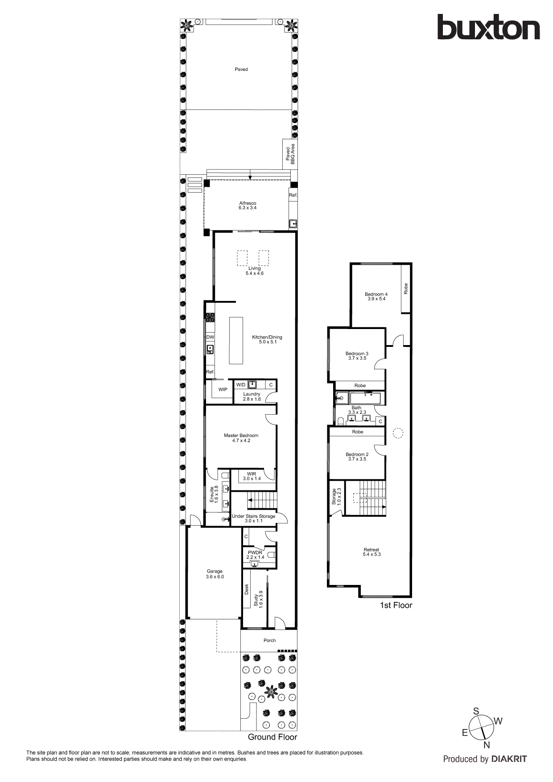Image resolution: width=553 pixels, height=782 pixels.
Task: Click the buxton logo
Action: (488, 28)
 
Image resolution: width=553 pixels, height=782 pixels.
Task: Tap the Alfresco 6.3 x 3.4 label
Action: (248, 206)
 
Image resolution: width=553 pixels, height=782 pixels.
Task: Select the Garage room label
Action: (215, 574)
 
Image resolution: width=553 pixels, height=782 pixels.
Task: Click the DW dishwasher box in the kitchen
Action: (210, 337)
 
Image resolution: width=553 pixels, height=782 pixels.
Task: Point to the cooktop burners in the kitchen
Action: (210, 317)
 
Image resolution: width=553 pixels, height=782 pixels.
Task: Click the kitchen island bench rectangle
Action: (236, 341)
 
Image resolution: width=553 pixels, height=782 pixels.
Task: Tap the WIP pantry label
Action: (223, 390)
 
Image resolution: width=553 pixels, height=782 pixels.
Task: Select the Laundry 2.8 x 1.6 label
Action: (252, 396)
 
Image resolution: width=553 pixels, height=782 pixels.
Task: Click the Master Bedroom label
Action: (241, 438)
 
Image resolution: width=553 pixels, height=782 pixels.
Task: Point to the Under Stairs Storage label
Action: (253, 518)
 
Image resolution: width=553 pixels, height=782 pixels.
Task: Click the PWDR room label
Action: (255, 555)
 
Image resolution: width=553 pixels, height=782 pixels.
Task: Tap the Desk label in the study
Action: (247, 589)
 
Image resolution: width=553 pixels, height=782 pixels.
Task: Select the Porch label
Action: (269, 640)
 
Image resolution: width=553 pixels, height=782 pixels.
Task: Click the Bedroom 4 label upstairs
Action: (376, 296)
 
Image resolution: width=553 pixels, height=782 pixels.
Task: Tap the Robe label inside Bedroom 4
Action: (406, 288)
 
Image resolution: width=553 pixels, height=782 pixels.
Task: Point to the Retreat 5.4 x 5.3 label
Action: (371, 552)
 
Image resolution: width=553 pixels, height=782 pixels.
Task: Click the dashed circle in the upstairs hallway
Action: (398, 432)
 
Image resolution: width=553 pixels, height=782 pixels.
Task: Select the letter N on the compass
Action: (487, 745)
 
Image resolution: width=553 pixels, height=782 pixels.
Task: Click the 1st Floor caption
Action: (396, 605)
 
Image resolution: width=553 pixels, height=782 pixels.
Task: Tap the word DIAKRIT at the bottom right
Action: (509, 759)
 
